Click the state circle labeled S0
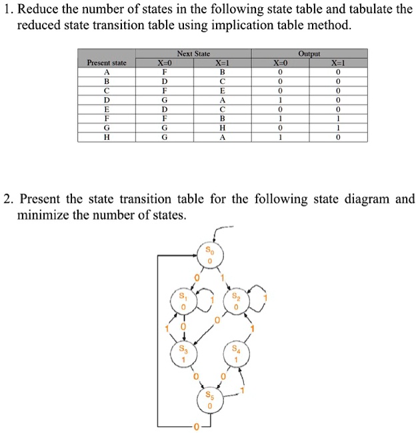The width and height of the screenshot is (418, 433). tap(210, 255)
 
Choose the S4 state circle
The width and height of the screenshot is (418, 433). tap(236, 354)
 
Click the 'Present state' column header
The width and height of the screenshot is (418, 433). tap(107, 62)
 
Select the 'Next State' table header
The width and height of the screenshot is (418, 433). tap(193, 53)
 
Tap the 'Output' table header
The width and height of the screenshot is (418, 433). tap(309, 53)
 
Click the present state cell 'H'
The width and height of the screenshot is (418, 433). tap(107, 137)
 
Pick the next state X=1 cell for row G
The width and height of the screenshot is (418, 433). tap(222, 127)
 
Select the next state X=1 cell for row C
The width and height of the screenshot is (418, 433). tap(222, 90)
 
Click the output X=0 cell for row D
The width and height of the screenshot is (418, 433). tap(281, 99)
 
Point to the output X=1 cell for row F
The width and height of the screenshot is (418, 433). tap(339, 118)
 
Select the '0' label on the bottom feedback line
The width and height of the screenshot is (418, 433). tap(196, 426)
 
